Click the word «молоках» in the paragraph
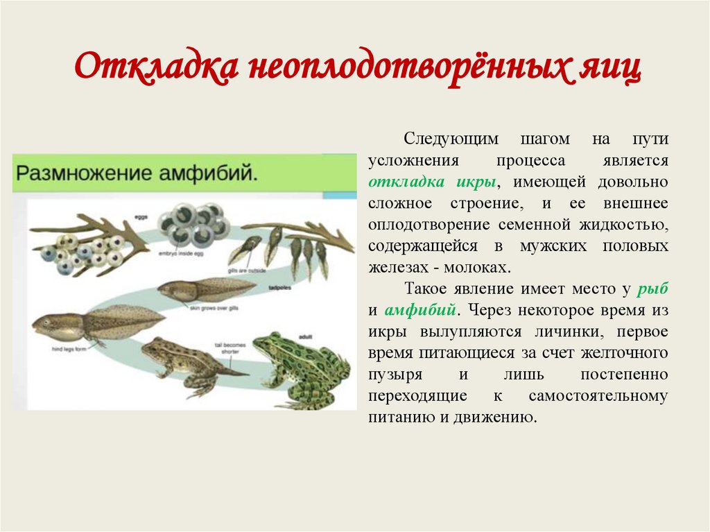480,268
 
